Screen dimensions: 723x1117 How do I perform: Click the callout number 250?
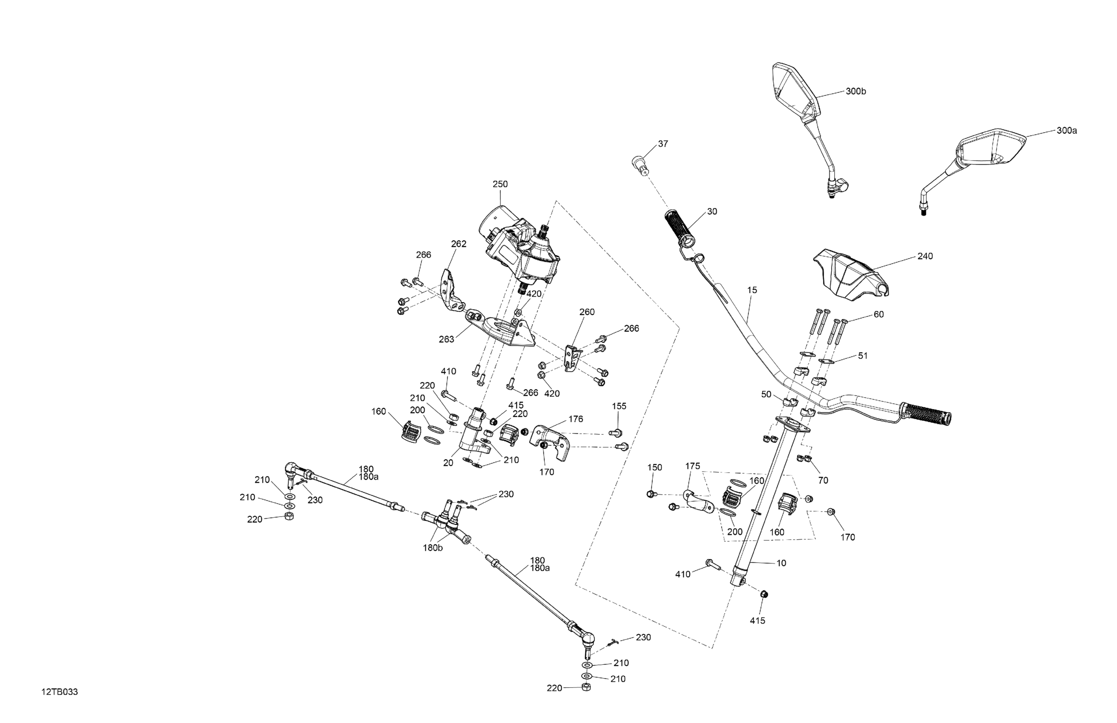tap(500, 185)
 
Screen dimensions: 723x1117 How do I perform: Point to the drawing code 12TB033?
tap(60, 692)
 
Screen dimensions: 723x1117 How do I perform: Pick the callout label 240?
tap(925, 256)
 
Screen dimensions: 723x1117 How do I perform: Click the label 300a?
tap(1066, 131)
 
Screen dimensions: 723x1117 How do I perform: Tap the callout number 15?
tap(752, 290)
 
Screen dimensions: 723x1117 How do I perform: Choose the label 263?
tap(446, 339)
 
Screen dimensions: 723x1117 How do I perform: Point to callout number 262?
tap(458, 244)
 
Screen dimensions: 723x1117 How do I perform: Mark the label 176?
tap(575, 419)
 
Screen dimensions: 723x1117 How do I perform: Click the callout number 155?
tap(619, 406)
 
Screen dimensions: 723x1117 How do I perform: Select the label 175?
tap(692, 466)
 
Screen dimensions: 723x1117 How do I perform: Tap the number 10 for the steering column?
tap(781, 563)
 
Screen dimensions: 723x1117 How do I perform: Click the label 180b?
tap(433, 548)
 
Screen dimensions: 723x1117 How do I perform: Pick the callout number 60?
tap(878, 315)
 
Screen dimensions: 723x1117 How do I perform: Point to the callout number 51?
tap(863, 356)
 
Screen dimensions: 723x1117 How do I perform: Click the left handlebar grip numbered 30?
tap(679, 231)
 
